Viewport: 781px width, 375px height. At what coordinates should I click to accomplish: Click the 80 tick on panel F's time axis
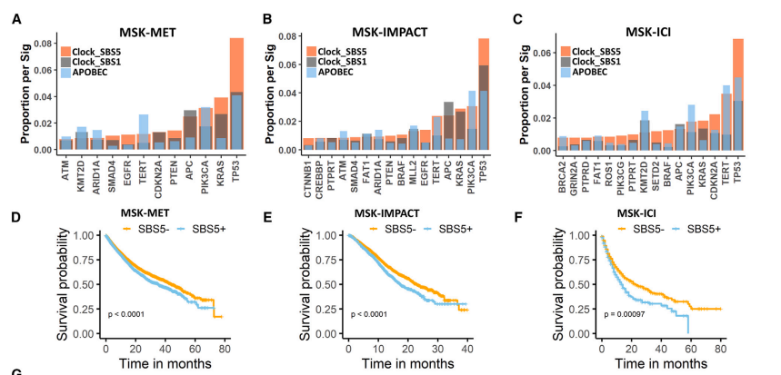pyautogui.click(x=721, y=350)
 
